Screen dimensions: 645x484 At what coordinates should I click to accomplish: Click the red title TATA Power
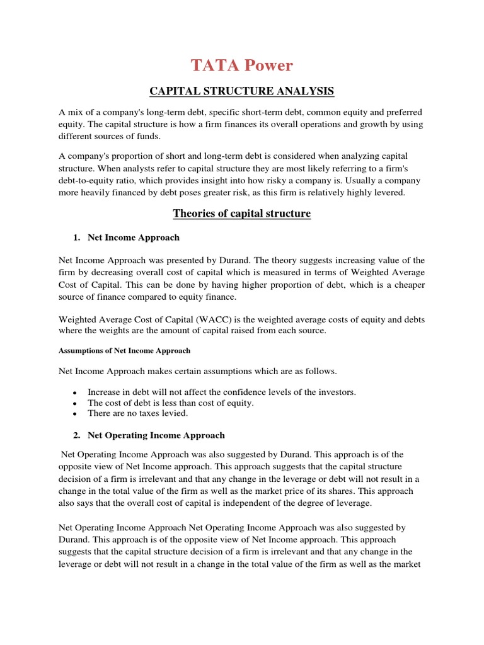(x=242, y=65)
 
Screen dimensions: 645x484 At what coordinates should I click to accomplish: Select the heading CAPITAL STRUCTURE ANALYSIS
(x=241, y=91)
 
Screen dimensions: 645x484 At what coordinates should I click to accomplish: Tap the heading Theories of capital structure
(x=242, y=214)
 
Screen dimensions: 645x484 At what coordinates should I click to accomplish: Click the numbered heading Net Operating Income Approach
(x=156, y=435)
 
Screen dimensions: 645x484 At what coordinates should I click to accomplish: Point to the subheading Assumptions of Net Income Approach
(x=124, y=350)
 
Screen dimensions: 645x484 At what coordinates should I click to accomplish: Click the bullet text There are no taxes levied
(x=138, y=414)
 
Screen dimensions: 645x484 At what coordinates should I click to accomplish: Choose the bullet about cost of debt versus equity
(x=170, y=403)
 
